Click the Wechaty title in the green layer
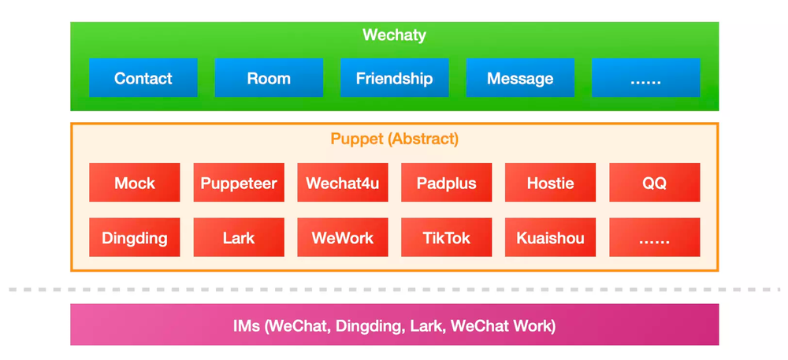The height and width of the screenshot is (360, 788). click(394, 35)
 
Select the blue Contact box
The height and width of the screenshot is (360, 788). click(143, 78)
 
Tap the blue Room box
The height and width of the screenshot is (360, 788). click(269, 78)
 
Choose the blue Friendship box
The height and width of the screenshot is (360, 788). click(394, 78)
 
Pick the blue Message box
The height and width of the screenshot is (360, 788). click(520, 78)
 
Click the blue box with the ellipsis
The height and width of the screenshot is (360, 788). click(645, 78)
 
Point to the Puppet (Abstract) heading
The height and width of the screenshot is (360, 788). click(394, 139)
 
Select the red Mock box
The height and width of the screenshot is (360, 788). click(135, 183)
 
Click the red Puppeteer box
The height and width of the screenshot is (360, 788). click(239, 183)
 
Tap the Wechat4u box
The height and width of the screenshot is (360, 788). click(343, 183)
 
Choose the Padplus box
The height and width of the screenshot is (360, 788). click(447, 183)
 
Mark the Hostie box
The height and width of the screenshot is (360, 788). click(551, 183)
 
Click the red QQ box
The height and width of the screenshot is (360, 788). click(655, 183)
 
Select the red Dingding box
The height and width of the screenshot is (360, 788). click(135, 237)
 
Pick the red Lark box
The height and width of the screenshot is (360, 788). click(239, 237)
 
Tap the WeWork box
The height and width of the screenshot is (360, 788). click(343, 237)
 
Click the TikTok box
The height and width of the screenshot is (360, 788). click(447, 237)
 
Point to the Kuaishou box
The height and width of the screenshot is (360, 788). click(551, 237)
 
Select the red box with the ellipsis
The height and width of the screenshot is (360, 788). click(655, 237)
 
